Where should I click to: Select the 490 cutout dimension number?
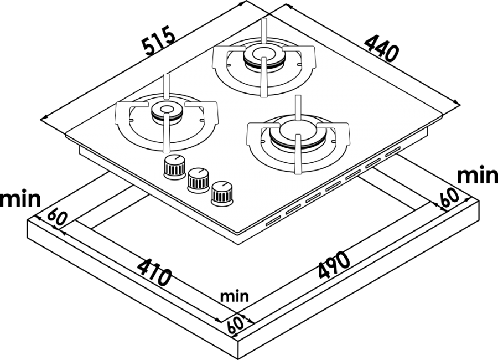[x=334, y=266]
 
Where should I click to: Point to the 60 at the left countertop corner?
[x=58, y=217]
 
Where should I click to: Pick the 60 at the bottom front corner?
[x=235, y=324]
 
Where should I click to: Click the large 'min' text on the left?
[x=20, y=199]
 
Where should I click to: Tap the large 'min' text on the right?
[x=478, y=175]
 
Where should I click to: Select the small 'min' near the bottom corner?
[x=235, y=296]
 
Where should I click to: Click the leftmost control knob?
[x=174, y=167]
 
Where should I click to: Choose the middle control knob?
[x=198, y=181]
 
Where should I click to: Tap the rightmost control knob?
[x=222, y=194]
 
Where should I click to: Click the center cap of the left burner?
[x=167, y=110]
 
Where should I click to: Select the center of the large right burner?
[x=298, y=131]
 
